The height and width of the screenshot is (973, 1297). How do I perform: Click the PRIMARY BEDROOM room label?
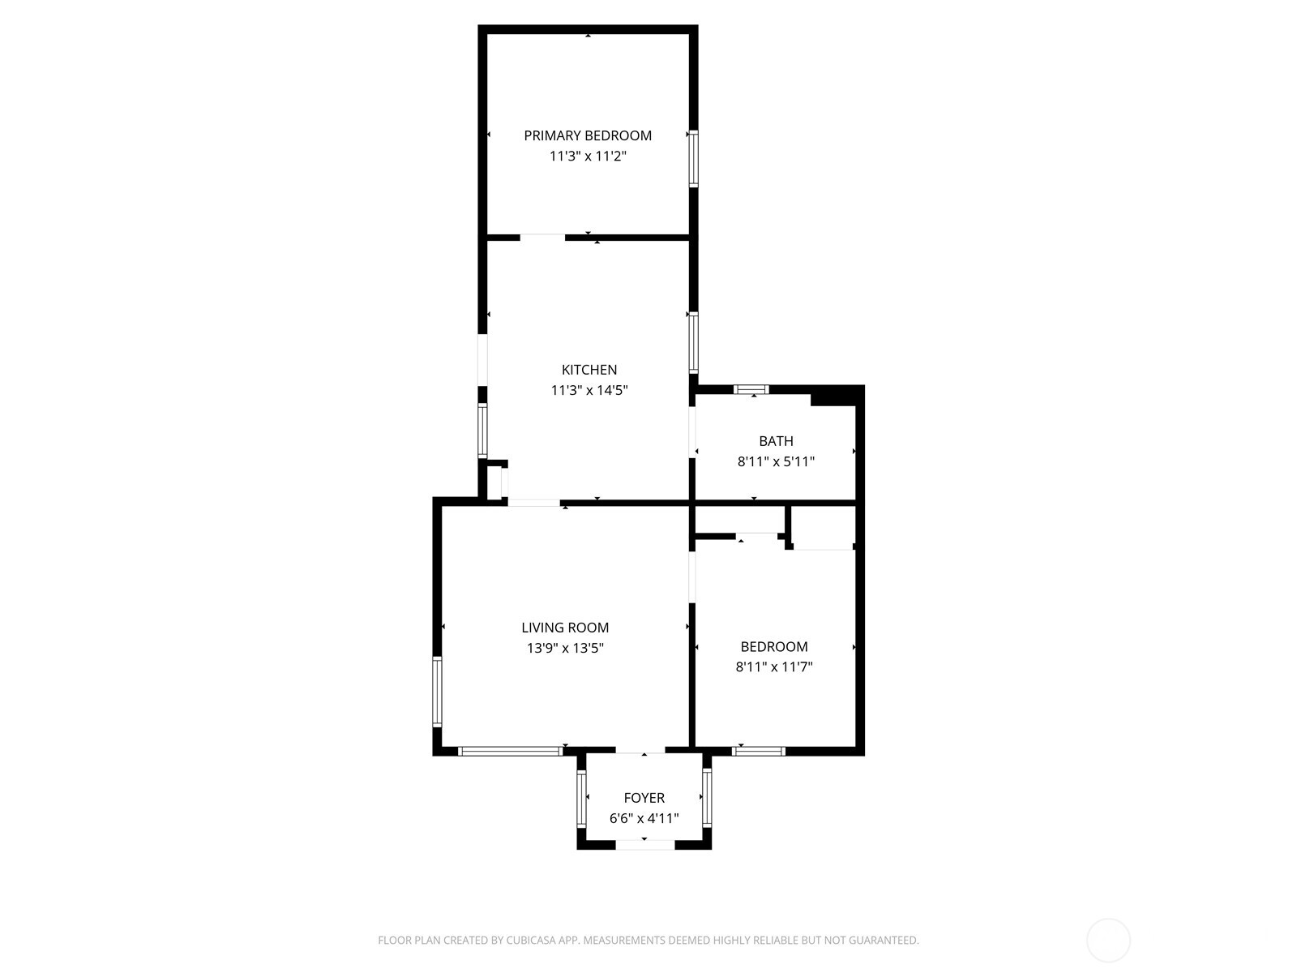coord(587,135)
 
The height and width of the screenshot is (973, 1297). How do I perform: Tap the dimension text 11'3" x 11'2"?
coord(587,156)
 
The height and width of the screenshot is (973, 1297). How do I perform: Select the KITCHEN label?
coord(589,370)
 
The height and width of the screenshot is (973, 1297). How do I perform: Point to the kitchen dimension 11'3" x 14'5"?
coord(589,391)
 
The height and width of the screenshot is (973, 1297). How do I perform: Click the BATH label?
coord(776,441)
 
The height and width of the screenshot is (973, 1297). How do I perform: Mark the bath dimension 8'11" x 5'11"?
coord(776,462)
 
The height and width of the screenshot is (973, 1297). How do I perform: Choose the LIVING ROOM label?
coord(565,628)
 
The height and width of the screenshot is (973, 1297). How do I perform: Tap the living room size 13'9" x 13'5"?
coord(565,649)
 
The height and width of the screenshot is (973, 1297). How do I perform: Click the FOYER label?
coord(644,798)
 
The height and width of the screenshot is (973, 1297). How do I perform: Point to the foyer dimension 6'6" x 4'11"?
coord(644,819)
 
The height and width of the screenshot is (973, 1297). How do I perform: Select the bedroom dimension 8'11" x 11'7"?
coord(774,667)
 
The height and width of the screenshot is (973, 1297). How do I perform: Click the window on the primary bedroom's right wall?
coord(693,158)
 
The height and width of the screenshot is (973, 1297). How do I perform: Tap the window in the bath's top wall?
coord(751,389)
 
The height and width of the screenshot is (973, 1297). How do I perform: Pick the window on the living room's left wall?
coord(437,692)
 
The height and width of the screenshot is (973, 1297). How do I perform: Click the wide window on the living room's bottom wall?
coord(510,752)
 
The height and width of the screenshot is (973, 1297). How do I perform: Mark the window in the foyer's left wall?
coord(581,798)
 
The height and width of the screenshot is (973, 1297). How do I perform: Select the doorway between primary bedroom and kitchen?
coord(542,238)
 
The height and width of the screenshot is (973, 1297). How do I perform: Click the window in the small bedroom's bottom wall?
coord(759,752)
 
